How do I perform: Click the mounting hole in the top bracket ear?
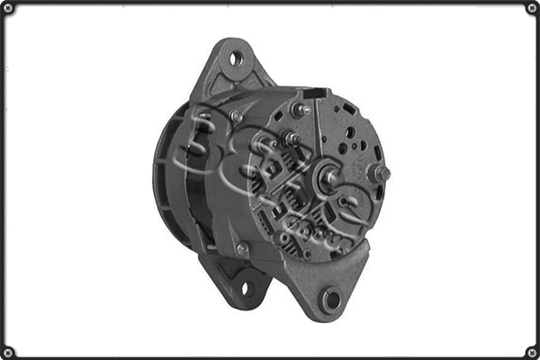pos(236,58)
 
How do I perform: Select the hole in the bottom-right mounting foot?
pos(330,298)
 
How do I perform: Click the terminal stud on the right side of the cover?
pos(382,172)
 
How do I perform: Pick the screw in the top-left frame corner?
pos(8,8)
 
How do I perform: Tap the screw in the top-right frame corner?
pos(531,8)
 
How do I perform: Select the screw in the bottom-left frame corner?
pos(8,351)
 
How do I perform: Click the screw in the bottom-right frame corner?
pos(531,351)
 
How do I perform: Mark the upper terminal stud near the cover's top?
pos(297,109)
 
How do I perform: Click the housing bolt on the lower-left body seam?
pos(242,247)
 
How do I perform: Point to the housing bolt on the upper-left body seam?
pos(236,115)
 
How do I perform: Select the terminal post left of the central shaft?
pos(291,139)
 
